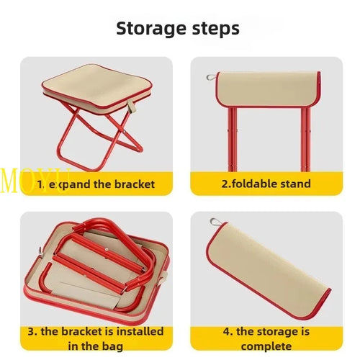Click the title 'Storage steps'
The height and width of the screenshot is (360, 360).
pos(178,29)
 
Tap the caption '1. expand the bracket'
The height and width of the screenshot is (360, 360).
pos(96,184)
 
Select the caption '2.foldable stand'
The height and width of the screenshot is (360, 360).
pos(265,184)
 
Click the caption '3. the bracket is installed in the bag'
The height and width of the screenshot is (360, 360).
pos(96,338)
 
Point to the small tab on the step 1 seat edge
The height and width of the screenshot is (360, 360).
pos(132,110)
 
